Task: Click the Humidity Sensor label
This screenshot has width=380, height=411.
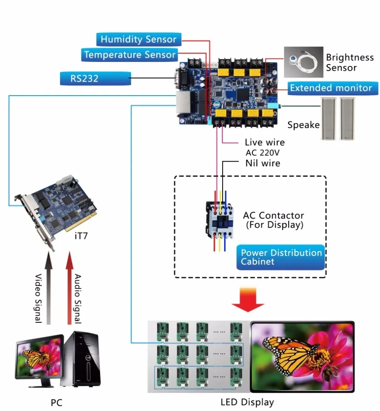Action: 138,39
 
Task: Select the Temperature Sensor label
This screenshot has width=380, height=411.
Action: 130,55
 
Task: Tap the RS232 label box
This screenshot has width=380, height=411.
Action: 95,79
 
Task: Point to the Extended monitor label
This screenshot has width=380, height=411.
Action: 331,88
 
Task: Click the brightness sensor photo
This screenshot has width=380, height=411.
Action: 303,62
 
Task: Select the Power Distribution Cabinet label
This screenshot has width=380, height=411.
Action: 281,257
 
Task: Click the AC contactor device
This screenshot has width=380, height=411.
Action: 218,219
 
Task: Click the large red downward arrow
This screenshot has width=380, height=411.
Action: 248,299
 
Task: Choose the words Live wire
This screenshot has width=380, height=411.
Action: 264,143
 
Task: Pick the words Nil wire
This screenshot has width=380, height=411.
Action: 262,163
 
